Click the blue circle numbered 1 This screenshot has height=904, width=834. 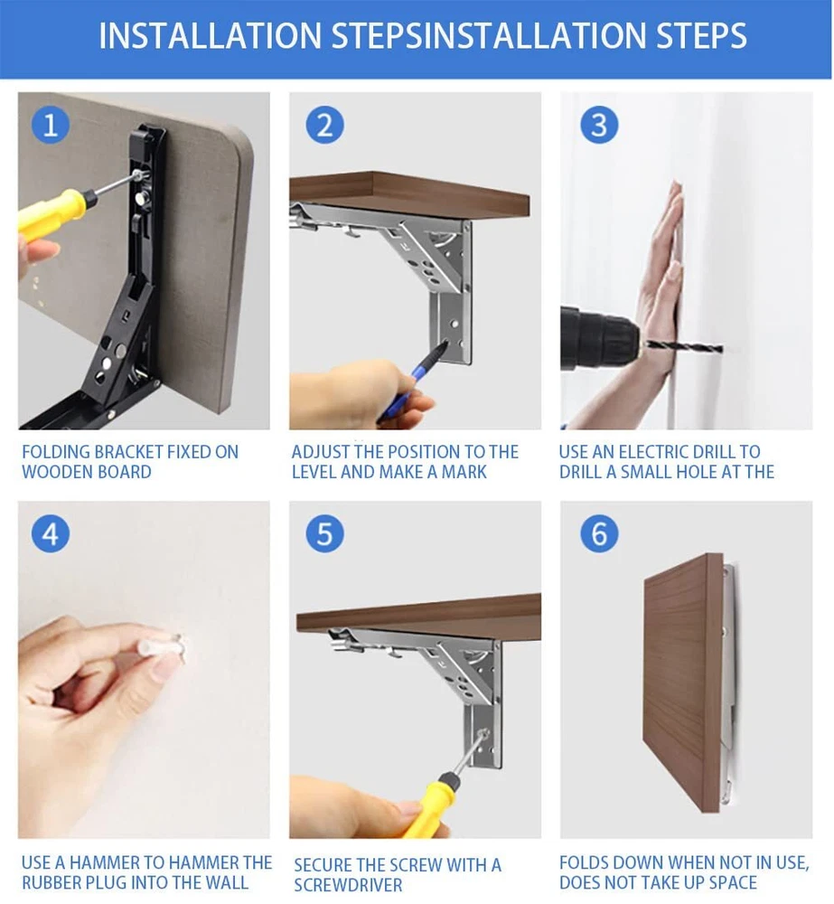50,125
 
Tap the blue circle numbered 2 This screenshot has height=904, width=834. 325,125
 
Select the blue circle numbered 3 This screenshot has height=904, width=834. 599,125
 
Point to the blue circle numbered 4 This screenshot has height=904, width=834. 50,533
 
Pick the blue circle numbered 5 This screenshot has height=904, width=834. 325,533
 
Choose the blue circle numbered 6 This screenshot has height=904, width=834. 599,533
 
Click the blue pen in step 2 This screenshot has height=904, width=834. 412,380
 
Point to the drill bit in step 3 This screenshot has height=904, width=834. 685,347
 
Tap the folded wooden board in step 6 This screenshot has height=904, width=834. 683,683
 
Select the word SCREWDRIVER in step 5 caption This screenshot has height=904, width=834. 348,885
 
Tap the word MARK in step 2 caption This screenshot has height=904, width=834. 464,472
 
